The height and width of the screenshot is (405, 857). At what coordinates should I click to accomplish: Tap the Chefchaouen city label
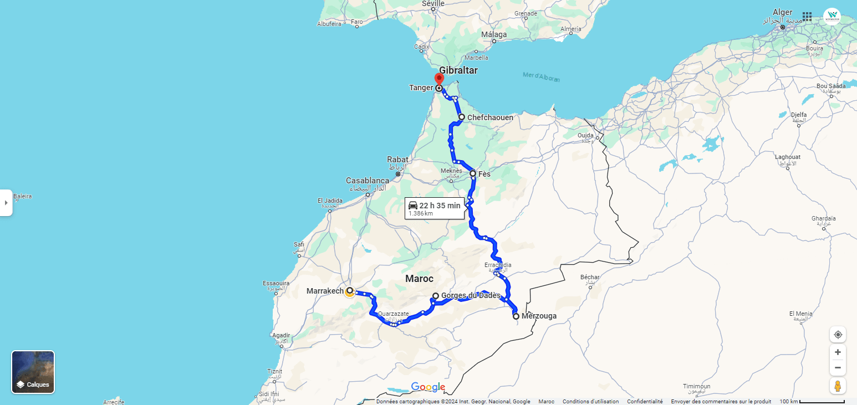tap(490, 117)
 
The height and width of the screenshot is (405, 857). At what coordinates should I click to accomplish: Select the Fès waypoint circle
tap(473, 173)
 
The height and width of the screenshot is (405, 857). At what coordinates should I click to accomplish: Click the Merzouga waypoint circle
tap(516, 316)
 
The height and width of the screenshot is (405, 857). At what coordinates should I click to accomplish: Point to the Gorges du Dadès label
tap(471, 295)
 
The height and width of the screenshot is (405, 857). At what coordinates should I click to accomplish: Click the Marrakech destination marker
tap(349, 291)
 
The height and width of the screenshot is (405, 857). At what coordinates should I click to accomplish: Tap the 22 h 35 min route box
tap(434, 208)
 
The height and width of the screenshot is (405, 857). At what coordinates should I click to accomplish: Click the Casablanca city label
tap(368, 181)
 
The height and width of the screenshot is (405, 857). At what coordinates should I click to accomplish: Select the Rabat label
tap(397, 160)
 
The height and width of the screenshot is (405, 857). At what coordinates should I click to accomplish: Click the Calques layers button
tap(33, 372)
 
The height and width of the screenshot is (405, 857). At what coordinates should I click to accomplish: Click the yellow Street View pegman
tap(838, 386)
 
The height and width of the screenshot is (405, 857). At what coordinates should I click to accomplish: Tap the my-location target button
tap(838, 335)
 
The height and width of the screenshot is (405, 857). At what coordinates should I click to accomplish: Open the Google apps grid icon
tap(807, 17)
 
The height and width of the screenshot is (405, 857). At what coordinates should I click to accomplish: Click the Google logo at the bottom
tap(428, 387)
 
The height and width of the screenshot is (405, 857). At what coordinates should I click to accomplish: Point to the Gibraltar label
tap(458, 70)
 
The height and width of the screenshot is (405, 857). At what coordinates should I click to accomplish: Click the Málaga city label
tap(493, 34)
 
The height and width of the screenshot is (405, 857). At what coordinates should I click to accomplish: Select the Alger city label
tap(782, 12)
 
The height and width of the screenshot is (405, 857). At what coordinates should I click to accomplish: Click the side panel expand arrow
tap(6, 203)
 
